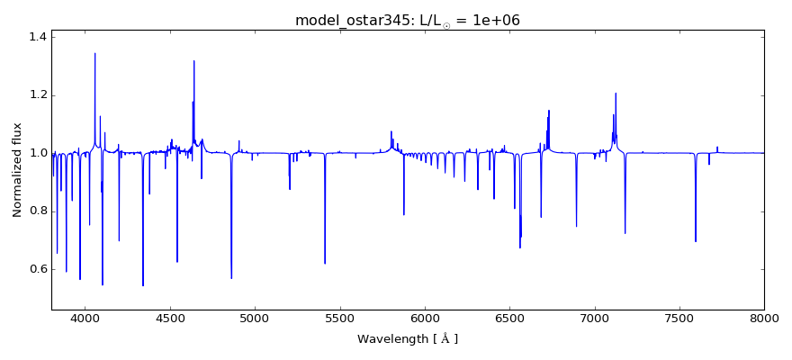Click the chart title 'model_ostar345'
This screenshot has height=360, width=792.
[x=407, y=21]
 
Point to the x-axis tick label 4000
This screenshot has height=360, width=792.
[x=85, y=318]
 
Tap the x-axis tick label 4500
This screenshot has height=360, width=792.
[x=170, y=318]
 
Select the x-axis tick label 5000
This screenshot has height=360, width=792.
[x=255, y=318]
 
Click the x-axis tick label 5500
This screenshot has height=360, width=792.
[x=340, y=318]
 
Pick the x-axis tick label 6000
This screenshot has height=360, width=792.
[x=425, y=318]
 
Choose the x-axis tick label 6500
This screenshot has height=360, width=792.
[x=509, y=318]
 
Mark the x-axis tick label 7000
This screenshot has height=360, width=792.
[x=594, y=318]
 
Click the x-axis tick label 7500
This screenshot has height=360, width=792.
[x=679, y=318]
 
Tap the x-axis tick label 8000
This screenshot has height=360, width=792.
[x=763, y=318]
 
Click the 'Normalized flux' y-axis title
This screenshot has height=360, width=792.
[x=17, y=170]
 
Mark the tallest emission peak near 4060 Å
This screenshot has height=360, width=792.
[x=95, y=53]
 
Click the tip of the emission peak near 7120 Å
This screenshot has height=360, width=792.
[x=616, y=93]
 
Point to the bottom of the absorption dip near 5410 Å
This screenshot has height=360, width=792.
[x=325, y=263]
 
